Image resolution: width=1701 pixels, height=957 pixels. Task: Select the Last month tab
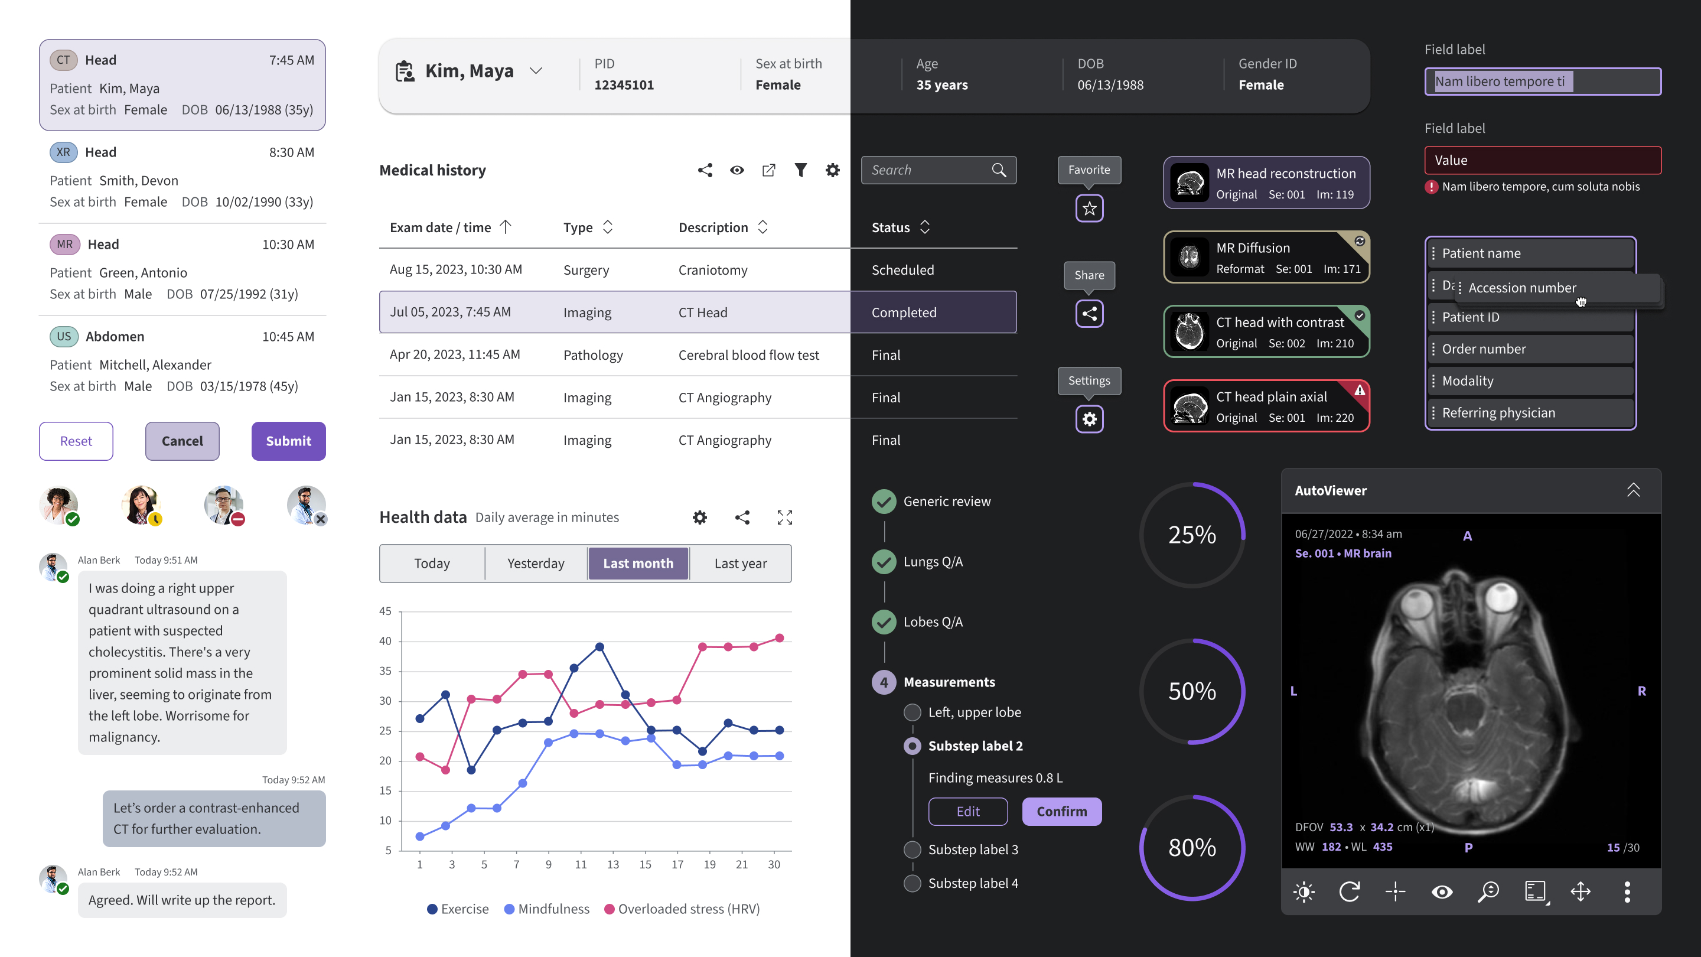[638, 564]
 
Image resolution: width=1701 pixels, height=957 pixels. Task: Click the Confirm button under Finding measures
[1061, 812]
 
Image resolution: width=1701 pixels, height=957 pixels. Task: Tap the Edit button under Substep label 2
[967, 812]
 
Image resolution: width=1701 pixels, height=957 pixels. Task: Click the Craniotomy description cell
[712, 270]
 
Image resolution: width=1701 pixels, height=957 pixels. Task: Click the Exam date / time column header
[441, 228]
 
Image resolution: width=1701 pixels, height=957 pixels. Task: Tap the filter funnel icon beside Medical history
[800, 170]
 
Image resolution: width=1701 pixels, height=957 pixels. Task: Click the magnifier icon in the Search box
[998, 170]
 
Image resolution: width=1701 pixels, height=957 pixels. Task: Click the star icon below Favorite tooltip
[1089, 209]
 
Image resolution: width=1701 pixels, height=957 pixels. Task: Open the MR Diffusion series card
[1266, 258]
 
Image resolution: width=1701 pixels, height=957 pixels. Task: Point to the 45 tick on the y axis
[385, 611]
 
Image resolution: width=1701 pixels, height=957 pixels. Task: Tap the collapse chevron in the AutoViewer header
[1633, 490]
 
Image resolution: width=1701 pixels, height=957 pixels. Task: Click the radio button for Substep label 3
[912, 850]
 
